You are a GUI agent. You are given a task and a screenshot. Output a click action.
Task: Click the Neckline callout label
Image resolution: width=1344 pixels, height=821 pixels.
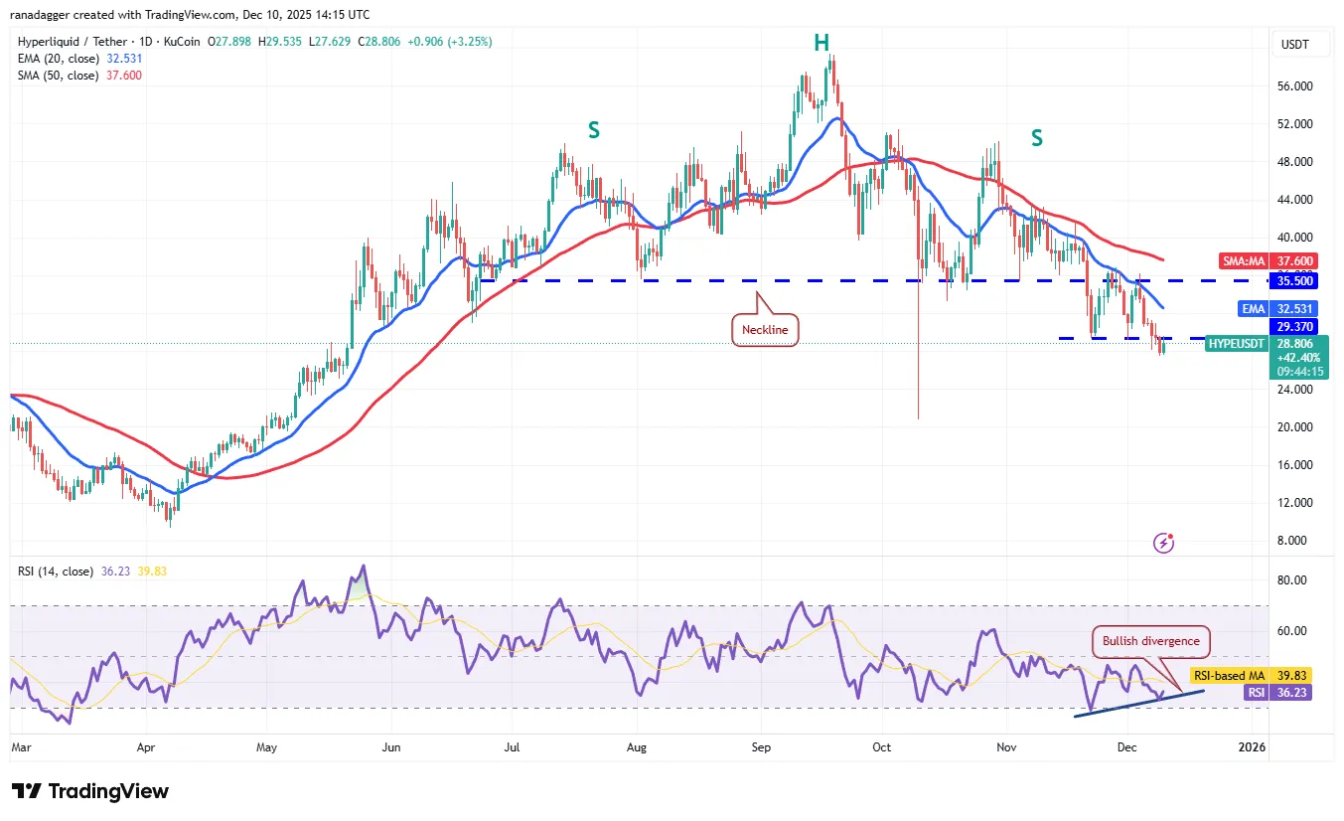coord(765,330)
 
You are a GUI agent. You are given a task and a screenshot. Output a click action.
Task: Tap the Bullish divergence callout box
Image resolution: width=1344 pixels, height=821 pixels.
coord(1150,641)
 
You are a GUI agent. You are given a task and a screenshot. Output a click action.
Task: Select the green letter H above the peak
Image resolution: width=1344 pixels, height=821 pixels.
coord(821,43)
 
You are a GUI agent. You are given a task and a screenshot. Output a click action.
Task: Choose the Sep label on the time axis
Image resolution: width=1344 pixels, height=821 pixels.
coord(761,745)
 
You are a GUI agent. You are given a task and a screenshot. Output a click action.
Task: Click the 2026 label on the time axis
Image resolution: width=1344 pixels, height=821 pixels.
coord(1253,745)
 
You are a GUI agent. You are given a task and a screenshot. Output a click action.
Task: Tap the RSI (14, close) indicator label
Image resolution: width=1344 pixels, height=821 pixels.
coord(56,572)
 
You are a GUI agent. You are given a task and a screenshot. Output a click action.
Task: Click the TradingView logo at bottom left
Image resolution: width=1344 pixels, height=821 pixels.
coord(90,791)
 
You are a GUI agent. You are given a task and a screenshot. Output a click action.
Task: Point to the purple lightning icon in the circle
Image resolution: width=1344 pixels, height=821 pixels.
coord(1164,543)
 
